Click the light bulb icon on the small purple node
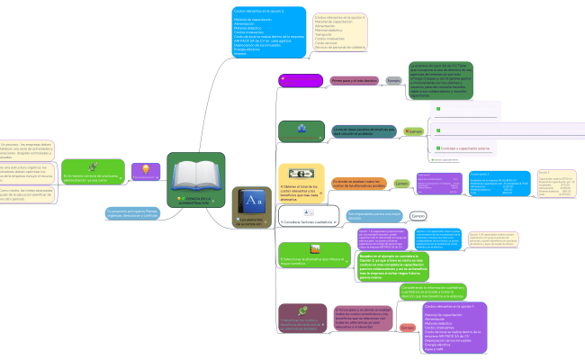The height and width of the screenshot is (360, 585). pos(144,169)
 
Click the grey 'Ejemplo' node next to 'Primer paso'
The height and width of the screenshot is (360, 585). pos(392,81)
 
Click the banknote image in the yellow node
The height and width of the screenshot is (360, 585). pos(292,173)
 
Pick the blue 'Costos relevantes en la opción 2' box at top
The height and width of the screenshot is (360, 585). pos(268,32)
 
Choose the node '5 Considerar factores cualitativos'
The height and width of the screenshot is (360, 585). pos(283,217)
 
